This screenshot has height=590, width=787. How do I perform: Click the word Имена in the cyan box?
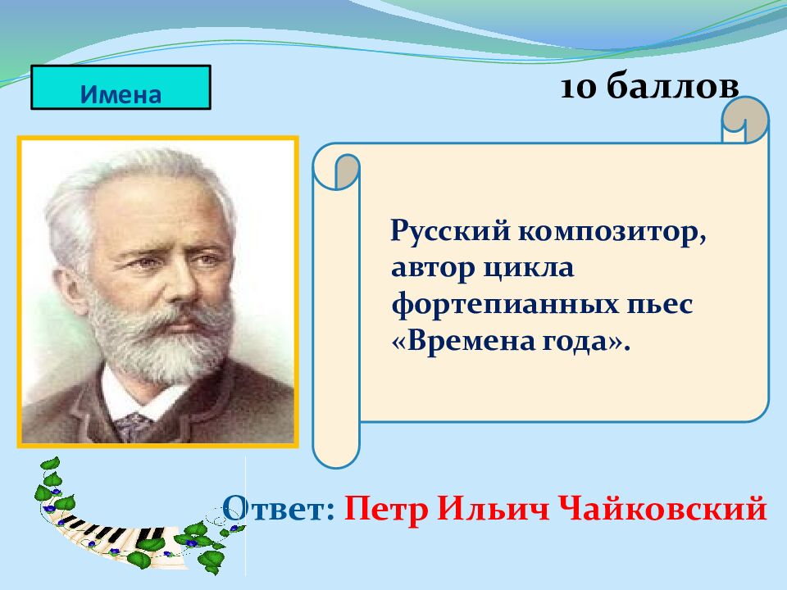click(121, 93)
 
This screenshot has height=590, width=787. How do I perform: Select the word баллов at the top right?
click(672, 85)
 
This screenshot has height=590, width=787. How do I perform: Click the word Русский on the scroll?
click(450, 232)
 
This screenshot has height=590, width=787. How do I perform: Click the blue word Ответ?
click(279, 508)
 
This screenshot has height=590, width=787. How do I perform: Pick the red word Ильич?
click(494, 508)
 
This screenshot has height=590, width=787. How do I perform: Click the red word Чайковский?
click(663, 508)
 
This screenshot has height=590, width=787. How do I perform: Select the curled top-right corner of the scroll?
click(745, 120)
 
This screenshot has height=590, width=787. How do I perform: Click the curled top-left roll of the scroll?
click(336, 169)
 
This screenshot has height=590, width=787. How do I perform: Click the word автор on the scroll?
click(433, 268)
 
